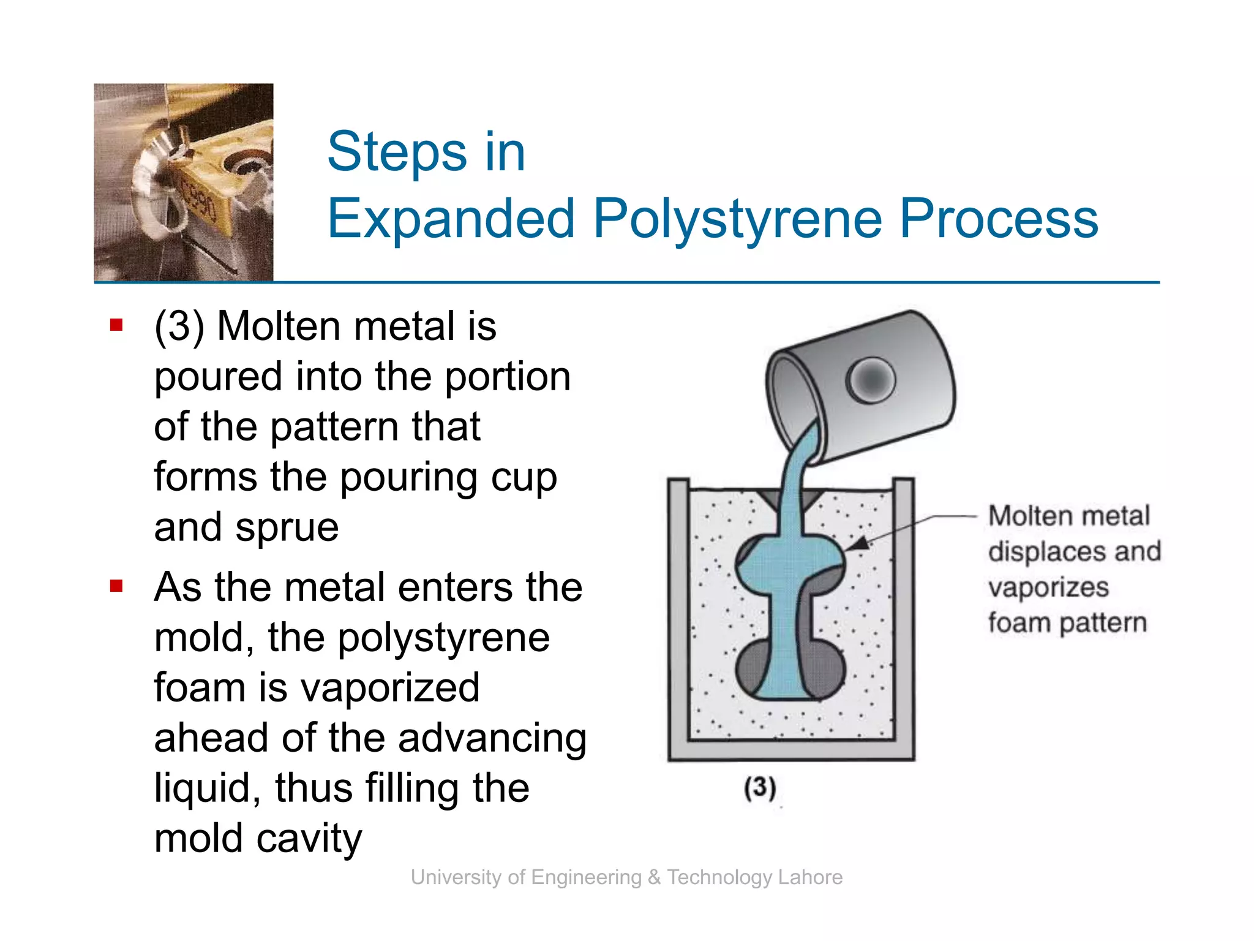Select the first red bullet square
[116, 325]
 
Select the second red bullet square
[116, 586]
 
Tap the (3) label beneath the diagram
[760, 787]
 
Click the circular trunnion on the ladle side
[870, 380]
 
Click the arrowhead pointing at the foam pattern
[858, 543]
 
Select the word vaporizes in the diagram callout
[1048, 587]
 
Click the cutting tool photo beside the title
[184, 183]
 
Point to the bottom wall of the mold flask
[791, 750]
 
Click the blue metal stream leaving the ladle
[797, 466]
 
